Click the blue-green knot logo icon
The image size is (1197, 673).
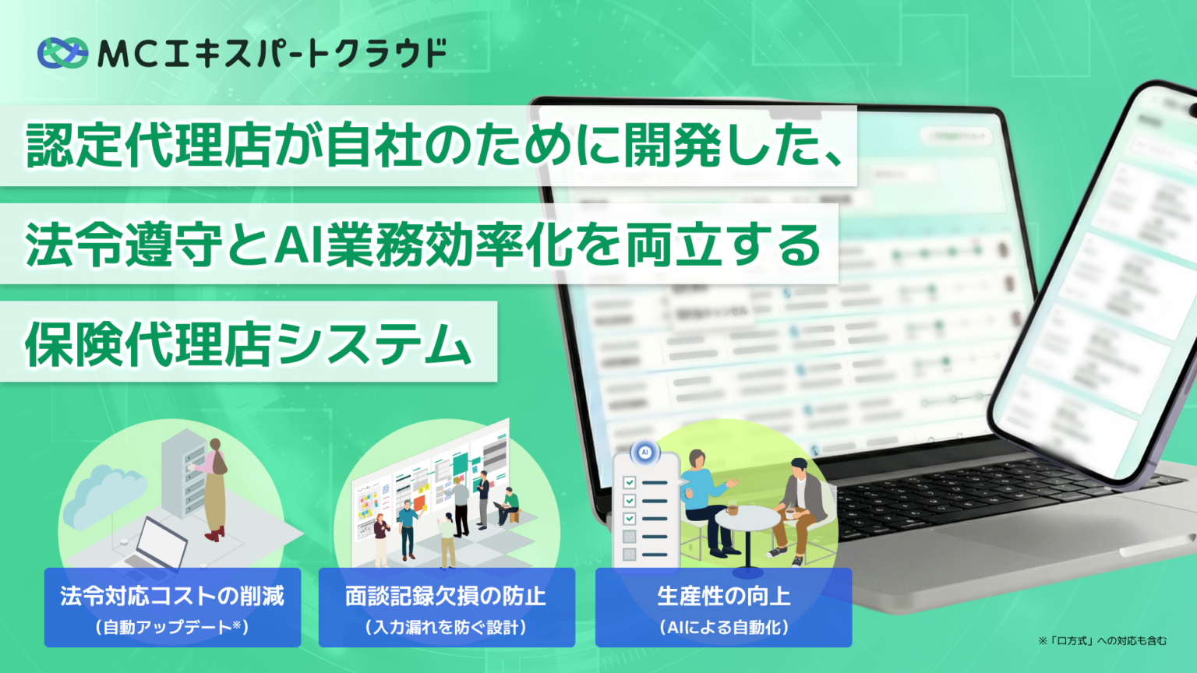point(62,53)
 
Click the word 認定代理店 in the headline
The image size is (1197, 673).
point(148,146)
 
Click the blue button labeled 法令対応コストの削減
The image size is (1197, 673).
point(172,607)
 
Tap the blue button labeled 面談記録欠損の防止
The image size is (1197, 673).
point(447,607)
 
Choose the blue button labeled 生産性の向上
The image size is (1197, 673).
point(723,607)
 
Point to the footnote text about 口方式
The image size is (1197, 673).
point(1102,641)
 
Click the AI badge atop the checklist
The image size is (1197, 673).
point(644,453)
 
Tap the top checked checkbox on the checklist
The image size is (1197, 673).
point(630,483)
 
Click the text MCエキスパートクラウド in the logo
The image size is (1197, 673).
point(271,53)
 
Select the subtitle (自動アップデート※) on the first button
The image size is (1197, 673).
point(172,627)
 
